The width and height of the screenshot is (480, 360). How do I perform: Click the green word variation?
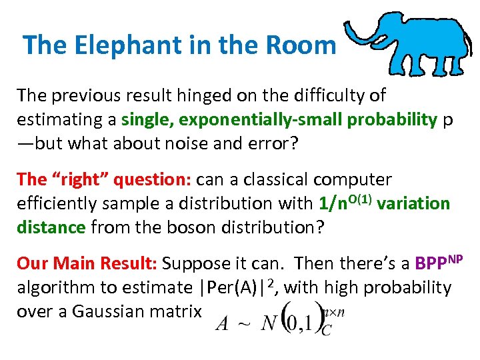[x=413, y=203]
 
